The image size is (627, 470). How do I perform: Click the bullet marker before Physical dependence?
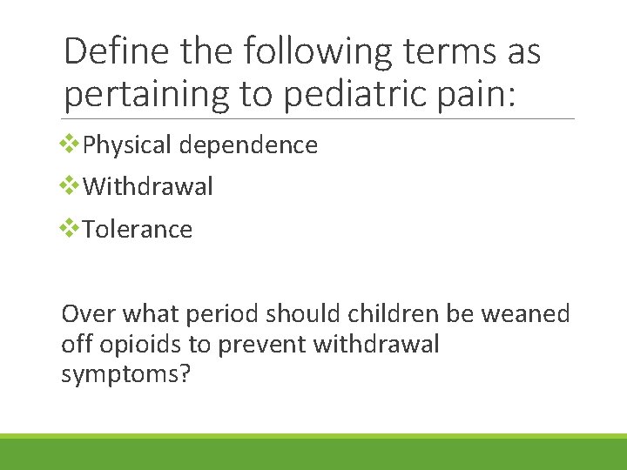(69, 144)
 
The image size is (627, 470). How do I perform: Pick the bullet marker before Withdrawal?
(69, 185)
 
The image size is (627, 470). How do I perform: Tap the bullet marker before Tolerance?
(69, 228)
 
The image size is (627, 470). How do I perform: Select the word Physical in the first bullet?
(128, 144)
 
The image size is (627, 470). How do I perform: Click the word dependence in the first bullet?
(248, 144)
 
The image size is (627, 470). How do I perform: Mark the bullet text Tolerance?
(138, 229)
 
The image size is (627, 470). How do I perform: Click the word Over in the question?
(89, 313)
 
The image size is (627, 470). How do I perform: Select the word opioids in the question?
(138, 345)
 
